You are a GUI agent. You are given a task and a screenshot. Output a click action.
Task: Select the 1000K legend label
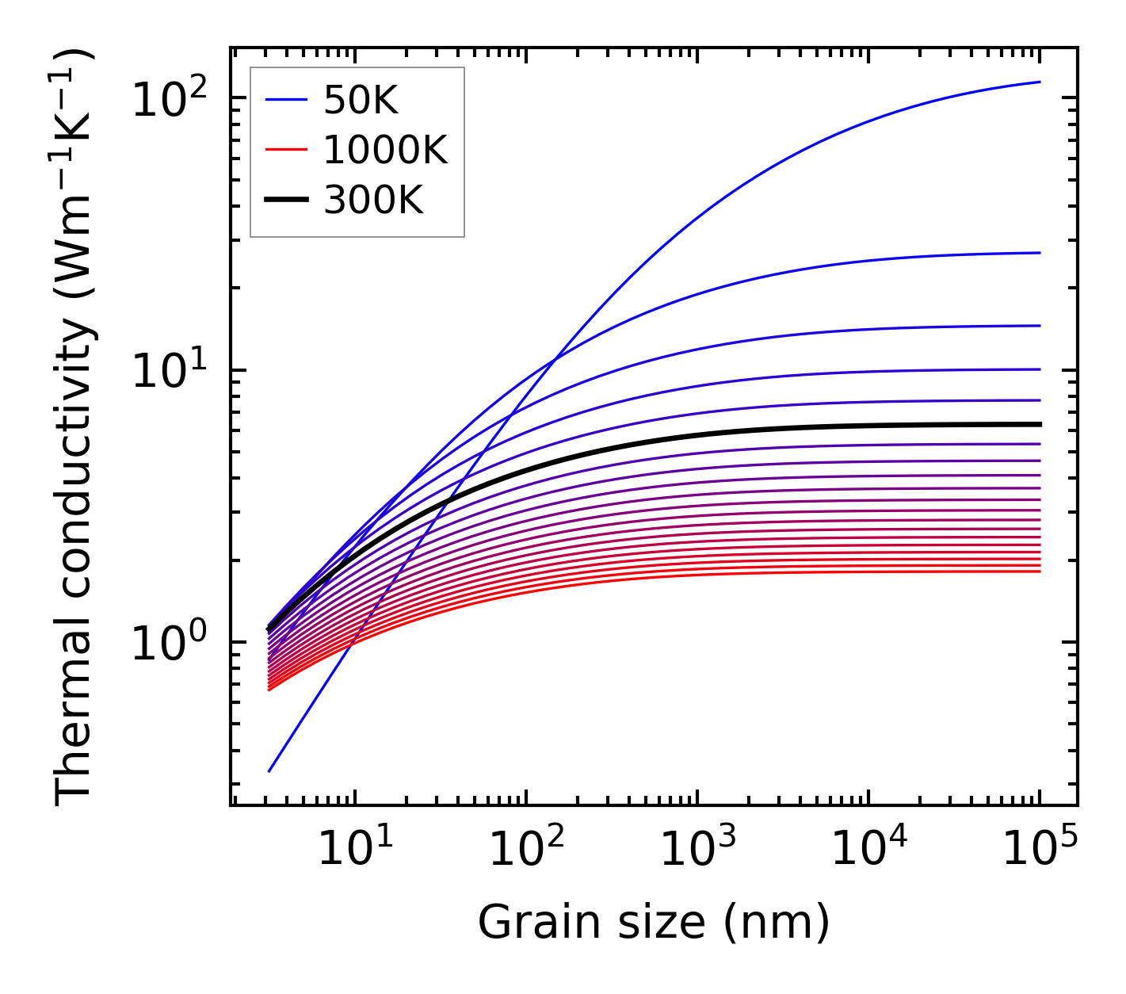point(385,151)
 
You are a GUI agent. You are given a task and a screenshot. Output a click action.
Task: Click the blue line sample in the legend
point(286,101)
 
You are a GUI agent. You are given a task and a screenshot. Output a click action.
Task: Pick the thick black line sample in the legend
point(286,201)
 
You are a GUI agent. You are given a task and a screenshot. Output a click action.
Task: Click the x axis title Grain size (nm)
point(654,923)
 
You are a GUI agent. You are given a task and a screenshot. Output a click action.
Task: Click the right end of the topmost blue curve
point(1040,82)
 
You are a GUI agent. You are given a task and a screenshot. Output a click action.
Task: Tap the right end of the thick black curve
point(1040,424)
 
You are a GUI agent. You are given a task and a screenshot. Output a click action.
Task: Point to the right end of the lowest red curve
point(1040,572)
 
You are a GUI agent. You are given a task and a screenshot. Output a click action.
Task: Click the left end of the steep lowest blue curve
point(269,770)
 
